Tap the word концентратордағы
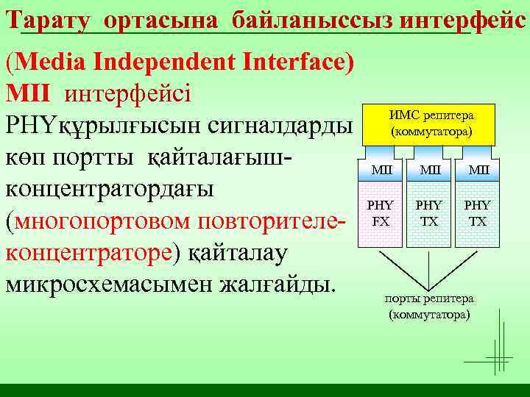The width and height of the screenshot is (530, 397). [x=110, y=187]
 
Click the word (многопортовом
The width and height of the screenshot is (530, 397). [x=92, y=220]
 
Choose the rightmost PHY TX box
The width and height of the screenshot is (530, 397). [x=477, y=213]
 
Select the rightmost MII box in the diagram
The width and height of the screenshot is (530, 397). [x=477, y=171]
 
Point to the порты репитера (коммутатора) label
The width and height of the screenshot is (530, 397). [x=430, y=307]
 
